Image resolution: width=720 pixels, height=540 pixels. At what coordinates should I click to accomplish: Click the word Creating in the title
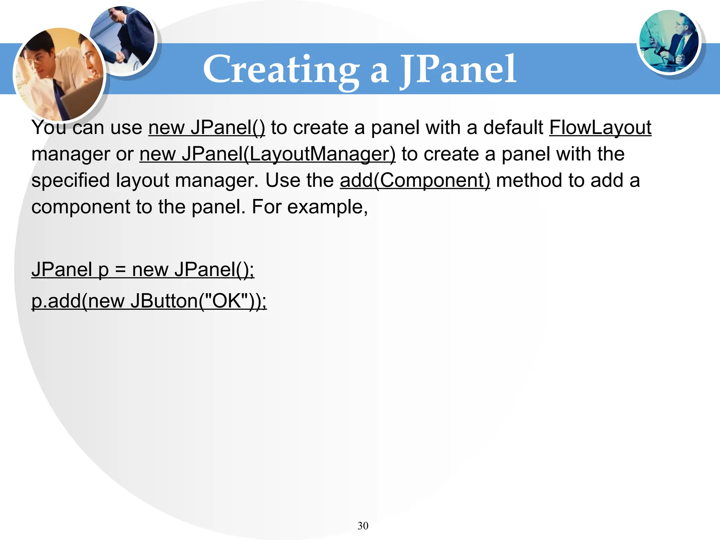click(x=281, y=70)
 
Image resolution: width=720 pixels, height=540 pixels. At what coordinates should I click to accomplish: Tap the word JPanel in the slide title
click(x=458, y=70)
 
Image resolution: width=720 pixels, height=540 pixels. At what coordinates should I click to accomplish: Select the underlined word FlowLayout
click(x=600, y=128)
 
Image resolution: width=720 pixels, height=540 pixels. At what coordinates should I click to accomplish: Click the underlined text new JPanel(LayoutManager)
click(x=267, y=154)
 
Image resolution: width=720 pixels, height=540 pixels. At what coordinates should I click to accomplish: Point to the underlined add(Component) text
click(x=415, y=181)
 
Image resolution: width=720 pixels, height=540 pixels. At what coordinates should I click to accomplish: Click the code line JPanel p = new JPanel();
click(x=143, y=270)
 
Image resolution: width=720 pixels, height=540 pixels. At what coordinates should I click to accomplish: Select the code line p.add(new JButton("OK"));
click(x=149, y=301)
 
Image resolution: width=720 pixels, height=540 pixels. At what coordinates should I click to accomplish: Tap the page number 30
click(x=363, y=526)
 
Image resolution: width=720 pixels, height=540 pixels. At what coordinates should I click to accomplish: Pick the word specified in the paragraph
click(x=70, y=181)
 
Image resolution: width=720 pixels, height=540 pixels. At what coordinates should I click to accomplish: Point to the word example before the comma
click(x=326, y=207)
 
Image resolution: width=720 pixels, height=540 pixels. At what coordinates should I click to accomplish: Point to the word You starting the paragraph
click(x=49, y=128)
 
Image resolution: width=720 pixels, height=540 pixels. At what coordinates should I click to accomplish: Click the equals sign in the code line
click(x=120, y=270)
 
